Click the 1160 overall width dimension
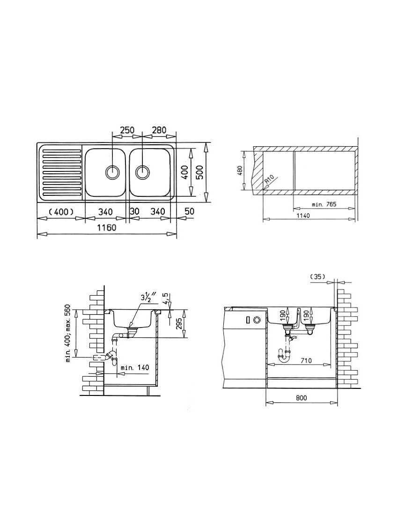click(x=107, y=227)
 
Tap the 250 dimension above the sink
click(x=127, y=130)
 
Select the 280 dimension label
click(x=159, y=130)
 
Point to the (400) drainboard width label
click(x=61, y=212)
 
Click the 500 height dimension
click(x=200, y=173)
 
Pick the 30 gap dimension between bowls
click(x=135, y=211)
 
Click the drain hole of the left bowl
click(x=112, y=172)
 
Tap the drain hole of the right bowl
click(x=142, y=172)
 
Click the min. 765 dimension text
click(x=324, y=204)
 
